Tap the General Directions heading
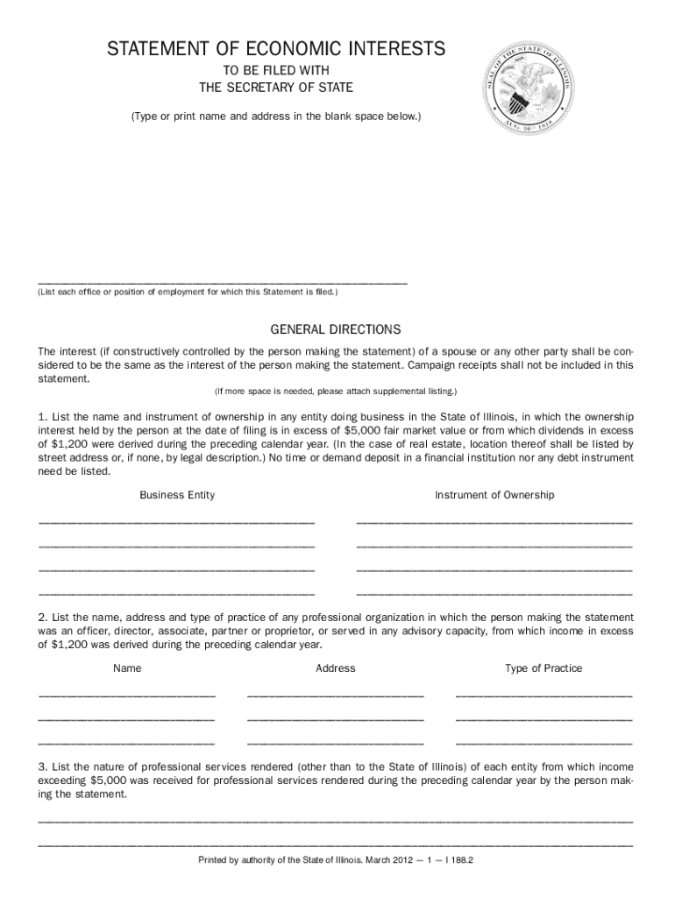pos(335,329)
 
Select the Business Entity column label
pos(177,495)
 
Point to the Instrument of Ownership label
pos(494,495)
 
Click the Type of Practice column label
pos(544,668)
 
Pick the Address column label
pos(335,668)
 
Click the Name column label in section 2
pos(127,668)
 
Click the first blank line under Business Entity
pos(176,522)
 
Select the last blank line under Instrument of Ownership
pos(494,593)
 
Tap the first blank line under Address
pos(335,696)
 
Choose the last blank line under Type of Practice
pos(544,743)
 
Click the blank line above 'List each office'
pos(222,282)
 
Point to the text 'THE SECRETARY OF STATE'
pos(276,87)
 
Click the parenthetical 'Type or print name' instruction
pos(276,116)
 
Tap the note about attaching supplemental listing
pos(335,390)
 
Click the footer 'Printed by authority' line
pos(336,860)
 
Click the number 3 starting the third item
pos(41,765)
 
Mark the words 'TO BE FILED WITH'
pos(276,69)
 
